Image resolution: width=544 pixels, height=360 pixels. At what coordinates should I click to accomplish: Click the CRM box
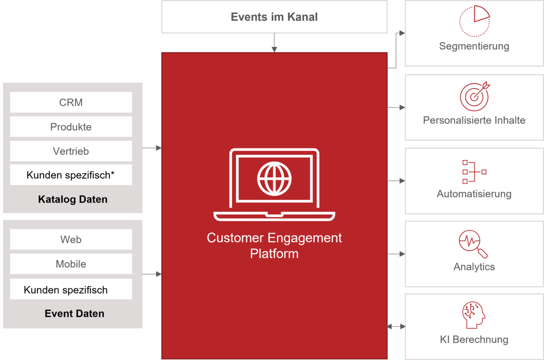point(71,102)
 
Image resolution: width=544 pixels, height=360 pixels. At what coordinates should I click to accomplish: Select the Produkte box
point(71,127)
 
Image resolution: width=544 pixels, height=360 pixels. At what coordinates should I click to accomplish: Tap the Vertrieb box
point(71,151)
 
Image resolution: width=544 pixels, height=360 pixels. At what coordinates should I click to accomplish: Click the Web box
point(71,239)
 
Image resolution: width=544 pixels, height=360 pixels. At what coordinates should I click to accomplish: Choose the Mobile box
point(71,264)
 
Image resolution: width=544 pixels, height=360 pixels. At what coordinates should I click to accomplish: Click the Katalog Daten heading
point(73,199)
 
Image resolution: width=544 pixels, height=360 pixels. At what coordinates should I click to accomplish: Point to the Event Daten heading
point(75,313)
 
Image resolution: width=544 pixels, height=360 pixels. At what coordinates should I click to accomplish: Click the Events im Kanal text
point(274,17)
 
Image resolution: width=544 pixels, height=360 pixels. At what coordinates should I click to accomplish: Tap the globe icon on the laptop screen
point(274,179)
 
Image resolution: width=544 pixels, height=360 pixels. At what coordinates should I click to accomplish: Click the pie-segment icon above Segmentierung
point(475,21)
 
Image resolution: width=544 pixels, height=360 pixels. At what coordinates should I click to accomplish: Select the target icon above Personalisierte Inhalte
point(475,96)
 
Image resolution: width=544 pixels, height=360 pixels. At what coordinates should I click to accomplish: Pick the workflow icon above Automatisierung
point(474,172)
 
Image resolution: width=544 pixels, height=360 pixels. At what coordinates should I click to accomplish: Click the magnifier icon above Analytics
point(473,244)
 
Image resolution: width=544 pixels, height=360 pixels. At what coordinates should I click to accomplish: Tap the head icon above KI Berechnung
point(473,315)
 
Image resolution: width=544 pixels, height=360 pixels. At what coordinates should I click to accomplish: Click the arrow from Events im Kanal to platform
point(274,42)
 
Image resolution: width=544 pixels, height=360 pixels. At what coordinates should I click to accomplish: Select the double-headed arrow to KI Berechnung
point(396,327)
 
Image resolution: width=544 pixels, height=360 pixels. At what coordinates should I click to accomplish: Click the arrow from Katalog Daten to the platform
point(152,148)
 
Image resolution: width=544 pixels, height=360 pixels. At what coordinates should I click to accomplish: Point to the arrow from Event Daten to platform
point(152,274)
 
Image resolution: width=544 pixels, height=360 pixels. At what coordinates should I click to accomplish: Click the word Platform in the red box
point(274,254)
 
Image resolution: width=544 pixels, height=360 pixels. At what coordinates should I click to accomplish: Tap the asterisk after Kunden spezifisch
point(112,173)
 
